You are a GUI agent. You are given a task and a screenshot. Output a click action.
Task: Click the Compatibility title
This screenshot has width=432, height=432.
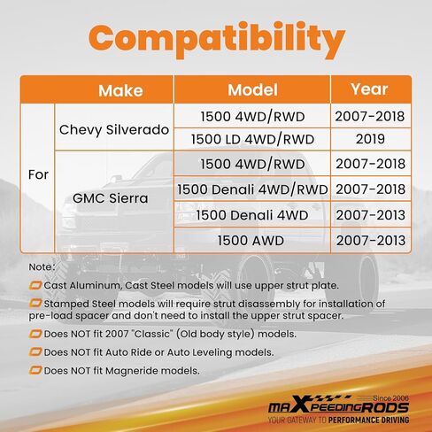(217, 40)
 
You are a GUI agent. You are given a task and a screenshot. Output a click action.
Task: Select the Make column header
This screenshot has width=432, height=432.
(120, 90)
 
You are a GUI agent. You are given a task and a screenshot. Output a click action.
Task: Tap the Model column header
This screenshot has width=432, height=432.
(252, 90)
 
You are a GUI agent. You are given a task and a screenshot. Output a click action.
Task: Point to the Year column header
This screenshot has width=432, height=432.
(369, 89)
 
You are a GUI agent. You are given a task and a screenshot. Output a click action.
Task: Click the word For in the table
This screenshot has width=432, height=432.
(38, 174)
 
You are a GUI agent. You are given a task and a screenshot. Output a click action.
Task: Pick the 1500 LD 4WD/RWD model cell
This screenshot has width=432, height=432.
(252, 139)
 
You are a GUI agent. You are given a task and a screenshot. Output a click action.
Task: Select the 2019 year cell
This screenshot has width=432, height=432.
(370, 139)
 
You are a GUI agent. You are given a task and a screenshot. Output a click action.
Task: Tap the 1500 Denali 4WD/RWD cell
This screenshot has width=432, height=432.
(252, 189)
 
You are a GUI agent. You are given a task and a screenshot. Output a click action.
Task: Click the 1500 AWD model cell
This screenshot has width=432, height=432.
(251, 241)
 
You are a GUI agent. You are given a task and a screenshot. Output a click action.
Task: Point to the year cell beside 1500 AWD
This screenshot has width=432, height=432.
(371, 241)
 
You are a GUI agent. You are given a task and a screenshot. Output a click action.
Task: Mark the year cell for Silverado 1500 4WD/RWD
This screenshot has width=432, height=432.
(370, 116)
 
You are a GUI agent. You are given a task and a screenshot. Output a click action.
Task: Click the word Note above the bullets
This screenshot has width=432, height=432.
(42, 267)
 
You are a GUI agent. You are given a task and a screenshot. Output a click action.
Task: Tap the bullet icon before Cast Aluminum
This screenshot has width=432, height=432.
(35, 285)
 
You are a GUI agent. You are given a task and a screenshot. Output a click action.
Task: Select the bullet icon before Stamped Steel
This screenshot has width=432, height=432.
(35, 303)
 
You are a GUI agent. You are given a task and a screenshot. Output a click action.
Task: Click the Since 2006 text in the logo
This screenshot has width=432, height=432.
(391, 398)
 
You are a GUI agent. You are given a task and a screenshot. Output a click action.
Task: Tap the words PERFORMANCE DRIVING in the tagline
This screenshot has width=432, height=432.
(369, 420)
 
